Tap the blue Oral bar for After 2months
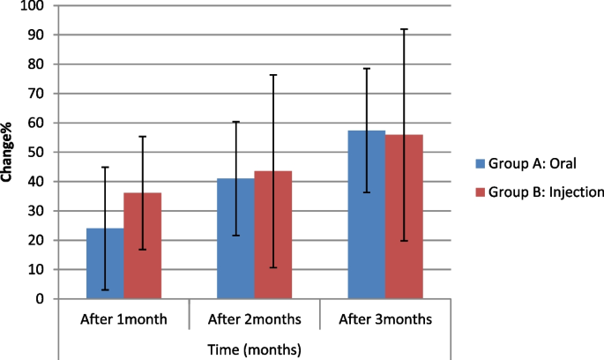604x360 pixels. coord(235,238)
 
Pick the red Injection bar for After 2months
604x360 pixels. coord(272,235)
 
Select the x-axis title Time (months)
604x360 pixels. coord(255,350)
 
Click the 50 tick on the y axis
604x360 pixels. coord(36,152)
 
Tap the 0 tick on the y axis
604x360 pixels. coord(40,298)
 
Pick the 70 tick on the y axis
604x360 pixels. coord(36,94)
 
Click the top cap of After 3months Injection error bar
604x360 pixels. coord(404,29)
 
